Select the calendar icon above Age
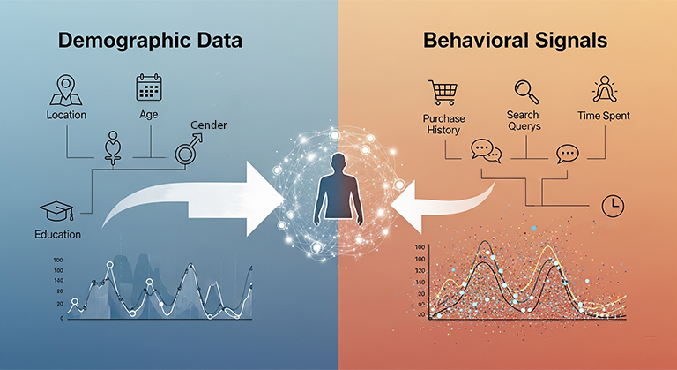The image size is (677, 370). pyautogui.click(x=147, y=87)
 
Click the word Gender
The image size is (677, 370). pyautogui.click(x=208, y=125)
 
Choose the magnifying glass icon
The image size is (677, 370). pyautogui.click(x=527, y=91)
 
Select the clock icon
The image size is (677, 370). pyautogui.click(x=611, y=205)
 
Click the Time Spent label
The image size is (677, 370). pyautogui.click(x=603, y=116)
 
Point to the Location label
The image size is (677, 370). pyautogui.click(x=66, y=115)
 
